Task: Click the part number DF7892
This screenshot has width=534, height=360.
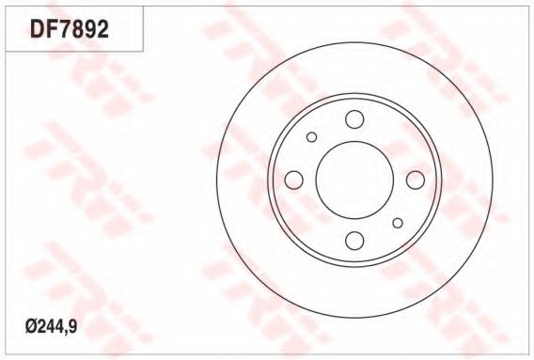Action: point(70,29)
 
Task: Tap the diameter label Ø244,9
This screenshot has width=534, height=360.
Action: point(51,327)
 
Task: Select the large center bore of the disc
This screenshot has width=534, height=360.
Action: point(354,180)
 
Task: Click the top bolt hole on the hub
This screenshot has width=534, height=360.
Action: point(354,119)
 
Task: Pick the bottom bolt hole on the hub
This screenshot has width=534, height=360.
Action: point(354,241)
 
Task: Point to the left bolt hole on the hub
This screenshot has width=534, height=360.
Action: point(293,180)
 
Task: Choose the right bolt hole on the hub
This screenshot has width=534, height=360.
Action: point(416,180)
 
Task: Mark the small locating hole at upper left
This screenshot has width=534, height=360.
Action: point(311,137)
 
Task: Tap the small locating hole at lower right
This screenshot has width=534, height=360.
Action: point(398,223)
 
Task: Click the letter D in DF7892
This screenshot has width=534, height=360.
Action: point(37,29)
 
